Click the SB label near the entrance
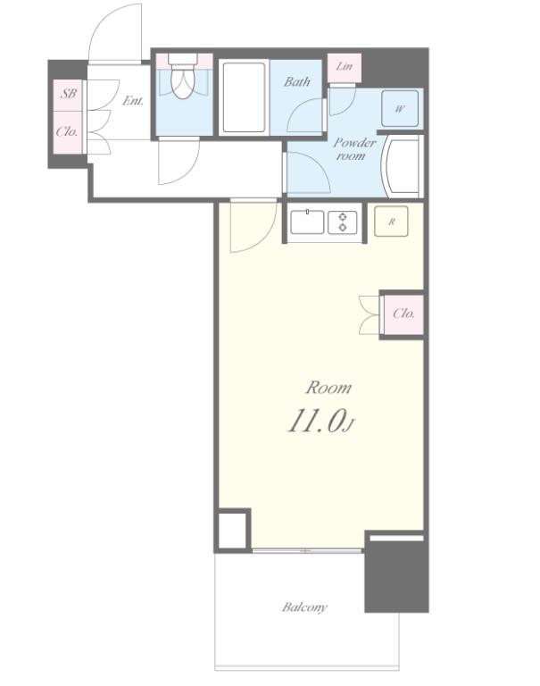(68, 94)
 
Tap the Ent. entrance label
(133, 101)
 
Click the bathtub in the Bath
(244, 97)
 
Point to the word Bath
(297, 82)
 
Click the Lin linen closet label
(345, 66)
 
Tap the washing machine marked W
(400, 108)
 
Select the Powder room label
(354, 149)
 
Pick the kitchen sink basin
(307, 222)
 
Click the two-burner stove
(343, 222)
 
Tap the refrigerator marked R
(391, 222)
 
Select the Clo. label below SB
(67, 131)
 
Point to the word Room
(328, 388)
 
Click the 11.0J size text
(320, 422)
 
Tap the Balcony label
(304, 607)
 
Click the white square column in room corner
(232, 530)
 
